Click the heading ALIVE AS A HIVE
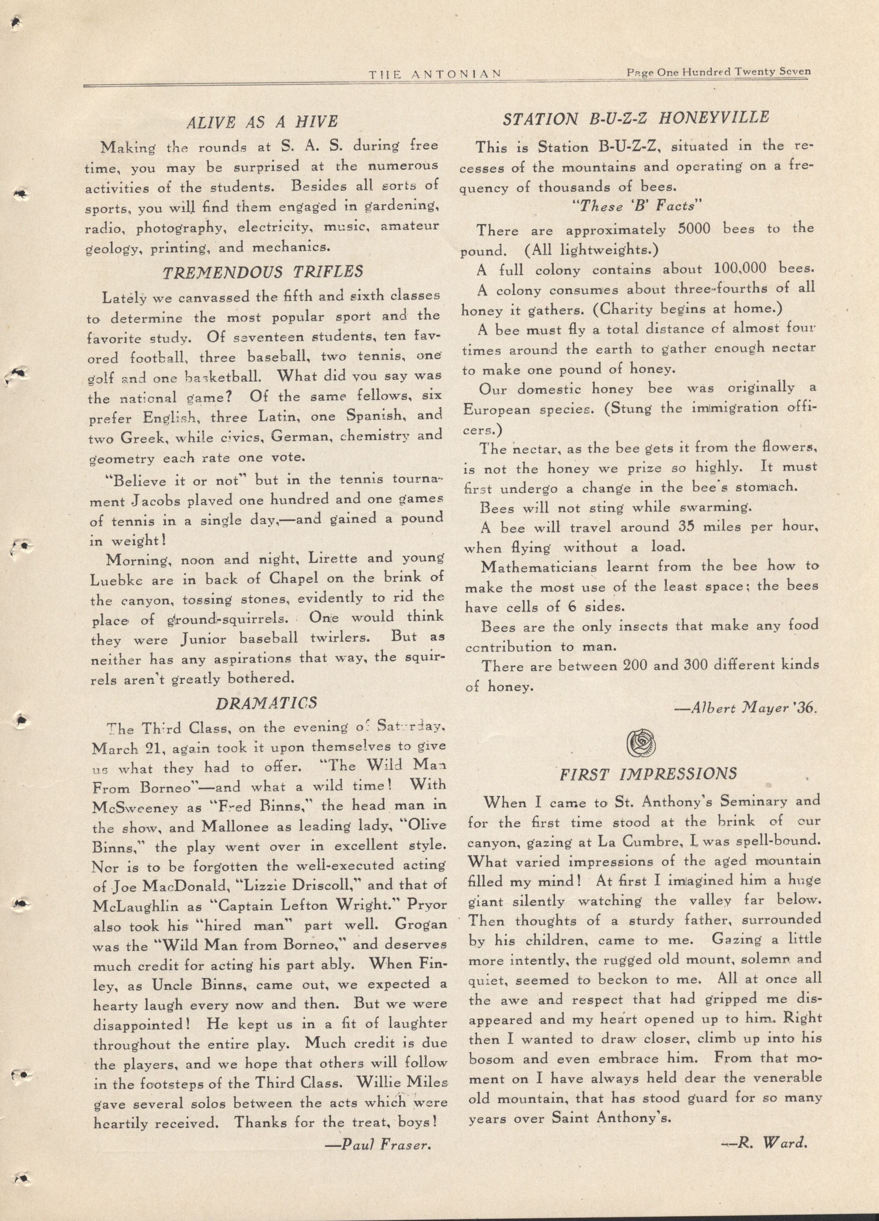[261, 122]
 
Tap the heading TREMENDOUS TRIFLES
[263, 272]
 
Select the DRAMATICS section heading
[266, 703]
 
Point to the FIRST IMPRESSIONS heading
[648, 774]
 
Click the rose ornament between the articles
[641, 743]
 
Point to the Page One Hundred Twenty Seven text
[718, 72]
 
